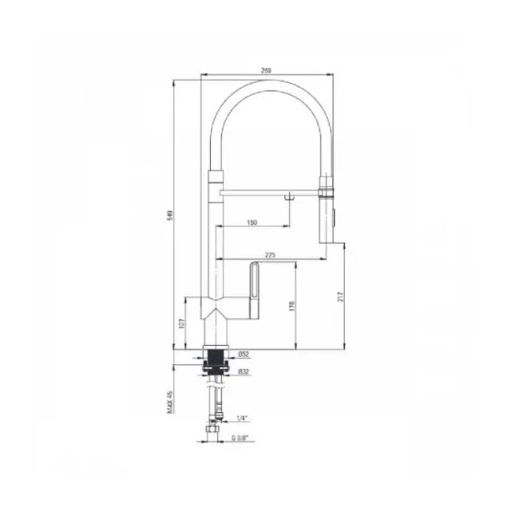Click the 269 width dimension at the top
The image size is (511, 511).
tap(267, 71)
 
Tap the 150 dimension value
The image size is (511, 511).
tap(252, 222)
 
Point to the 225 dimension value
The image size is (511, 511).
tap(270, 255)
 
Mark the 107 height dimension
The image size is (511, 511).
tap(181, 324)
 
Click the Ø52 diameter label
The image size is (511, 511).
tap(244, 354)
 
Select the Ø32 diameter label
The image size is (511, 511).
tap(244, 370)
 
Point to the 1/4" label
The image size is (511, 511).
tap(242, 418)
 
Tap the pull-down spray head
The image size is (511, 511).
tap(327, 212)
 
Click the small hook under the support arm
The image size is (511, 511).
tap(289, 196)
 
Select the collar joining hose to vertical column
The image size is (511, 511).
tap(216, 177)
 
